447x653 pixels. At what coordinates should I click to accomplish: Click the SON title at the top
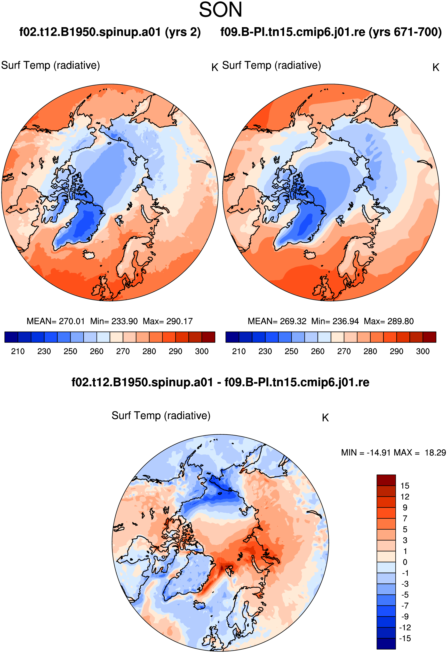221,10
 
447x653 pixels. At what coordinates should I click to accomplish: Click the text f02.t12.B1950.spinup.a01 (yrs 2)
110,32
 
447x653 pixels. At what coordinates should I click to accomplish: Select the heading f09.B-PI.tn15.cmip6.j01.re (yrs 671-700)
331,32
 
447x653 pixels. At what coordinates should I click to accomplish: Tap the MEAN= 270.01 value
56,321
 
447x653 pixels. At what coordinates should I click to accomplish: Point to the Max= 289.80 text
389,321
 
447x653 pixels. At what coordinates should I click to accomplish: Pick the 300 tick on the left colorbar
202,351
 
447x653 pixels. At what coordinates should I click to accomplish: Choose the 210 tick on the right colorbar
239,351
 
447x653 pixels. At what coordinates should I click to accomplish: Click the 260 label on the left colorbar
97,351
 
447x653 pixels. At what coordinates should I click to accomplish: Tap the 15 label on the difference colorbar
405,486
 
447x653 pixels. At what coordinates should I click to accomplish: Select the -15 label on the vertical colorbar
405,638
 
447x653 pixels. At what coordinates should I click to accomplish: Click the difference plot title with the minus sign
220,382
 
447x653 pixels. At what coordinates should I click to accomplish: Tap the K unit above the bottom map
325,418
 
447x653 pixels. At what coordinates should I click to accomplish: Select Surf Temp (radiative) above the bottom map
161,415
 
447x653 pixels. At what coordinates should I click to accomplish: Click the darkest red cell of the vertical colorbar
386,480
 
